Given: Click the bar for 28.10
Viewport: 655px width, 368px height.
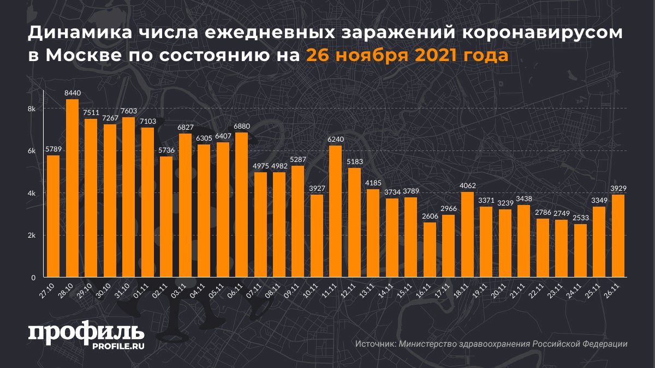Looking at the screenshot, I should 72,188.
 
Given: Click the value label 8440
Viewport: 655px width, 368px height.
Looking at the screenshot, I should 72,93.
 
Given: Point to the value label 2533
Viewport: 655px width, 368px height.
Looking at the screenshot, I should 581,218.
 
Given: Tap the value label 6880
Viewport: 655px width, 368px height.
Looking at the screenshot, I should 241,126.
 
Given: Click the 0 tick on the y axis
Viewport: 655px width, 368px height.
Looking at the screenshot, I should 33,277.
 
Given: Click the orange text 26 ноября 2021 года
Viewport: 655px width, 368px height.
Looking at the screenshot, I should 407,55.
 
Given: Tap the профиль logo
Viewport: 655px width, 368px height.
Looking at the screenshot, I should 86,333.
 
